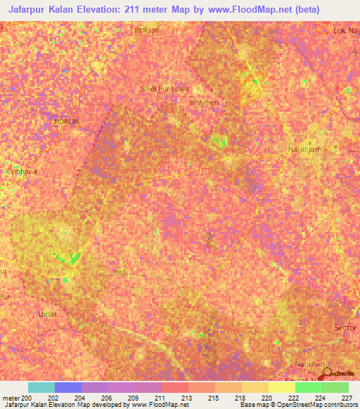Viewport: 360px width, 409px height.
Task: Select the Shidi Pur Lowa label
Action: pos(171,89)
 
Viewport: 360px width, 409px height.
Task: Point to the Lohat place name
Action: pos(46,313)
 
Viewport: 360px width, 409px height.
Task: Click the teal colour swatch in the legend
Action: pos(41,387)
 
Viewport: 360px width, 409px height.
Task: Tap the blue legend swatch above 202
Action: pos(68,387)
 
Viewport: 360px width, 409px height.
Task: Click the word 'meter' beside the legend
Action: pos(11,397)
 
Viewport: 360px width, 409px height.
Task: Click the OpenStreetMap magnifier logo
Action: pos(327,370)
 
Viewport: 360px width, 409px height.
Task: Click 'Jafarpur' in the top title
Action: pos(33,10)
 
